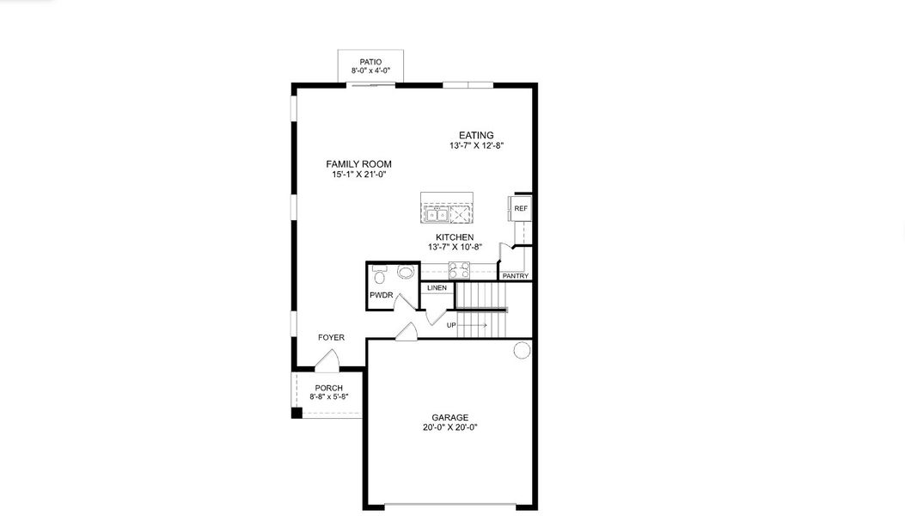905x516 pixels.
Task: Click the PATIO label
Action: point(370,62)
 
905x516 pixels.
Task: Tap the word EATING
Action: point(476,135)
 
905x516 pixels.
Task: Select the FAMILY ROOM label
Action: point(358,164)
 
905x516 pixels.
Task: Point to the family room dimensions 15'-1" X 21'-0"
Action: point(358,175)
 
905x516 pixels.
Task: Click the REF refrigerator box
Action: point(520,208)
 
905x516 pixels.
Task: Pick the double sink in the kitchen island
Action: point(437,215)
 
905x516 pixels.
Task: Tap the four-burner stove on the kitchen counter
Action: point(460,270)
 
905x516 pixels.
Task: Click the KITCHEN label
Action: point(455,236)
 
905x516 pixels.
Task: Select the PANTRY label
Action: point(516,276)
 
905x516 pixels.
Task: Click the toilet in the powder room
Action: point(379,275)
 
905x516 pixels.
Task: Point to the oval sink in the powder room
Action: point(406,272)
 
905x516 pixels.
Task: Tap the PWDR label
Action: point(382,295)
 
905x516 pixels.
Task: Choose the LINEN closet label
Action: point(437,288)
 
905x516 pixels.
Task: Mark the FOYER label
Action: point(331,337)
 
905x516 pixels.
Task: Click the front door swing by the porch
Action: point(327,359)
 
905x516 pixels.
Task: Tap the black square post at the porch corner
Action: point(297,413)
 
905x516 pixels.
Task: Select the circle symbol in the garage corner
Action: point(522,350)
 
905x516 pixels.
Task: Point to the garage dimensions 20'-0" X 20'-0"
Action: point(450,427)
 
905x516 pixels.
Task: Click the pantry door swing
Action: point(505,255)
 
